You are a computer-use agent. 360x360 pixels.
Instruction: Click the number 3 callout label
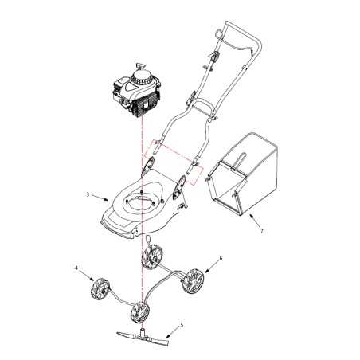tap(86, 194)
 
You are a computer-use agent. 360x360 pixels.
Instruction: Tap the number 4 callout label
tap(76, 269)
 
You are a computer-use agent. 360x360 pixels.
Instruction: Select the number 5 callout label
tap(182, 325)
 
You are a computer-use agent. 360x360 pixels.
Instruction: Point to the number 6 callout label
tap(221, 259)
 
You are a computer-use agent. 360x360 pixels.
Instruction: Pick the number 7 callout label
tap(261, 231)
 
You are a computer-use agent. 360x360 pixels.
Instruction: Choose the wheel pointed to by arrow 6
tap(194, 282)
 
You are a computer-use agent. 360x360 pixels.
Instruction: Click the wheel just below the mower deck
tap(153, 256)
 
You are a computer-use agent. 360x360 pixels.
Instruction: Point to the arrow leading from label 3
tap(98, 195)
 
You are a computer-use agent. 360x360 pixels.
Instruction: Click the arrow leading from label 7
tap(252, 220)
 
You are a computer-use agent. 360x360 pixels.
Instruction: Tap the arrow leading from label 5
tap(170, 330)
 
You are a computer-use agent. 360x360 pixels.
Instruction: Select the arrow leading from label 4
tap(87, 275)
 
